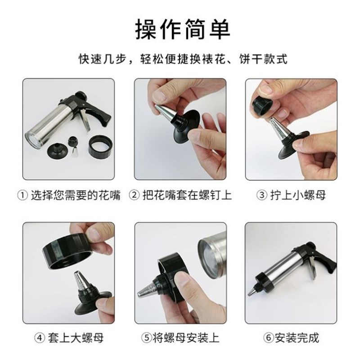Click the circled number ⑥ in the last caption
257,337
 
